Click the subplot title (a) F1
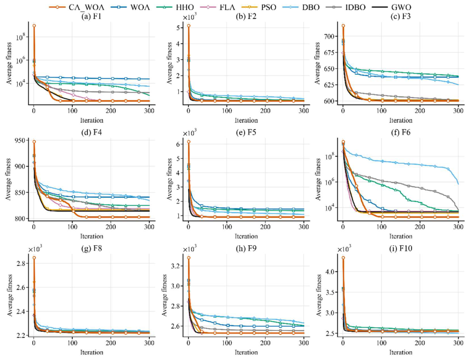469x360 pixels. [x=91, y=16]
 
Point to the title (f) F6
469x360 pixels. [x=401, y=132]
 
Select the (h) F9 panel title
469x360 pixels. [x=246, y=248]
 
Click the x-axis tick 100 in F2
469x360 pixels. [x=227, y=111]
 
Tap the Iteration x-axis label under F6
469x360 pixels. [x=401, y=236]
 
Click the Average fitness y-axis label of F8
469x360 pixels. [x=10, y=295]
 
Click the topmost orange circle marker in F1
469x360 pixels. [x=34, y=26]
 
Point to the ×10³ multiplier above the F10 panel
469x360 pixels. [x=344, y=249]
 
